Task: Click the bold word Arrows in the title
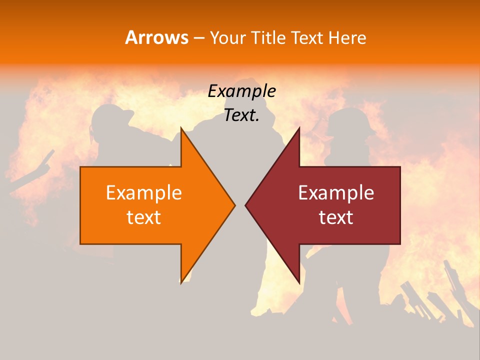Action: tap(156, 37)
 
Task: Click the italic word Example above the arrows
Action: tap(241, 91)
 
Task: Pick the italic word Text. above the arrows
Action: tap(241, 115)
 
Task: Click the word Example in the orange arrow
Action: tap(143, 193)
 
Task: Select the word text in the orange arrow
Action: tap(143, 217)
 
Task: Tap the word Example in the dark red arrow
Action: tap(336, 193)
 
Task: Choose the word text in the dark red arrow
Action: tap(336, 217)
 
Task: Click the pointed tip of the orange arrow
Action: tap(234, 205)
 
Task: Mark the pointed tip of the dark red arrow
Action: tap(245, 205)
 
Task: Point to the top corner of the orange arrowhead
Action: tap(181, 128)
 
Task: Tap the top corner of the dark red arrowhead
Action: tap(299, 128)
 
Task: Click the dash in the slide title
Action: tap(199, 38)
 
